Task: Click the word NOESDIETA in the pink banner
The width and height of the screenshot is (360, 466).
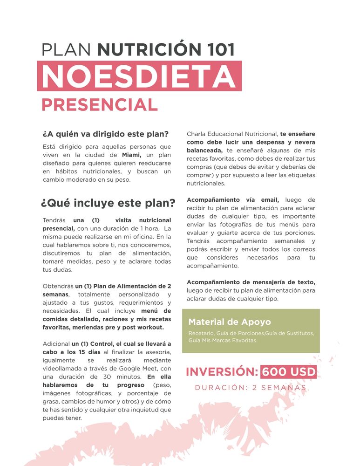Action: pos(138,75)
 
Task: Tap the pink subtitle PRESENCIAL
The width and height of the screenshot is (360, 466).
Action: pos(100,105)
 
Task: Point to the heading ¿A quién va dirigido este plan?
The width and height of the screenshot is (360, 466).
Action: pos(105,134)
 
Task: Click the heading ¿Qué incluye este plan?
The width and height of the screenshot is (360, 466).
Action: pos(108,203)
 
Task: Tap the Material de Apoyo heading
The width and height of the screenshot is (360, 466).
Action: pos(229,322)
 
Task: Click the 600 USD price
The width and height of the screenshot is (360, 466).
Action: pos(288,372)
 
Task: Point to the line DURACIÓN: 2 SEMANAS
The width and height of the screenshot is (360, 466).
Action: pos(251,388)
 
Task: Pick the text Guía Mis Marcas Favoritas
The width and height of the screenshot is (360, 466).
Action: pos(223,341)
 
